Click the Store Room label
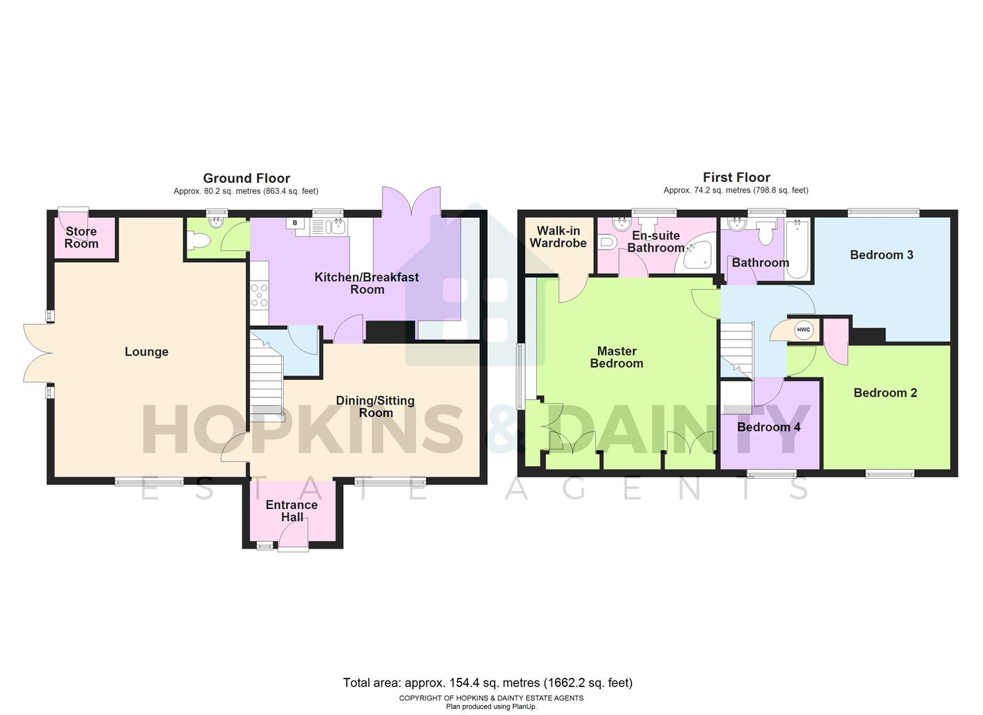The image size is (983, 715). [x=81, y=237]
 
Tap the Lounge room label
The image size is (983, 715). [x=146, y=352]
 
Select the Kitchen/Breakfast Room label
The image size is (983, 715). [x=366, y=283]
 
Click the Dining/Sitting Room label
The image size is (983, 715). [x=375, y=406]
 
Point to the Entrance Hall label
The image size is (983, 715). [x=291, y=510]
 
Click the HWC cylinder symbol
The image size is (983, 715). [x=803, y=330]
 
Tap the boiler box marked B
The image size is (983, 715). [x=295, y=223]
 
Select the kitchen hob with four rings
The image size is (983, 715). [x=259, y=295]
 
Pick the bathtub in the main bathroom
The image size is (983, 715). [x=797, y=248]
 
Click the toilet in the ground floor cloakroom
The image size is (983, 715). [x=199, y=241]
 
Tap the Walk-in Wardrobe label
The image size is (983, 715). [x=558, y=236]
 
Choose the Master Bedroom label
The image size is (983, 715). [x=616, y=357]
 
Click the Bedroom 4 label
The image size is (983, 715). [x=769, y=427]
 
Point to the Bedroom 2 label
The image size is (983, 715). [x=885, y=393]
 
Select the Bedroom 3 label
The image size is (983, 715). [x=881, y=255]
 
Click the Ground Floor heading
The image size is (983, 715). [x=246, y=178]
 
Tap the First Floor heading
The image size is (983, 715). [x=736, y=177]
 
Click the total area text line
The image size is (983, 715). [x=487, y=683]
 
